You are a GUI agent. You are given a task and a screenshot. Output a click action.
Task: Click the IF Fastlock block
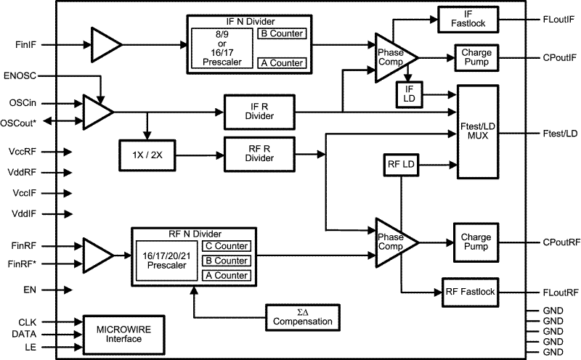pos(468,19)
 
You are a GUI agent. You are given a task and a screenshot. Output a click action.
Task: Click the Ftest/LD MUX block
pos(477,131)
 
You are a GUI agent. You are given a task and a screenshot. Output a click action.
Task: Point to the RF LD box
pos(401,165)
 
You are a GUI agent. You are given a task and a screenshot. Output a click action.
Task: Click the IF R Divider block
pos(259,112)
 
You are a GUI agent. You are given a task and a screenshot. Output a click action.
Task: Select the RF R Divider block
pos(259,153)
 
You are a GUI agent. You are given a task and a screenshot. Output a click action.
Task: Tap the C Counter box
pos(226,246)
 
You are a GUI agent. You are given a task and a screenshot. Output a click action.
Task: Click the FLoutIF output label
pos(558,19)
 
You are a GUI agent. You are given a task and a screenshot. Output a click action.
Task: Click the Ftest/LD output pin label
pos(560,133)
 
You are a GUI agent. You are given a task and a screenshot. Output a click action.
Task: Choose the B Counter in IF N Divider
pos(281,33)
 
